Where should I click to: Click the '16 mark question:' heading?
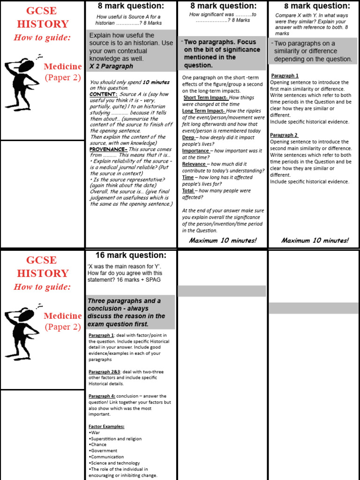[x=131, y=255]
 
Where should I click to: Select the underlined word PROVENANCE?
[x=108, y=149]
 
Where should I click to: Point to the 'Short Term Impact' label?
[x=204, y=97]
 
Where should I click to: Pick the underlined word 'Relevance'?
[x=194, y=164]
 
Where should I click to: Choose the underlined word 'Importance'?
[x=195, y=151]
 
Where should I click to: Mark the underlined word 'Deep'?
[x=188, y=138]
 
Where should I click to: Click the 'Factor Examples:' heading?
[x=106, y=427]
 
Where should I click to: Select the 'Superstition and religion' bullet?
[x=116, y=439]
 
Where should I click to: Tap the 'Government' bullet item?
[x=104, y=451]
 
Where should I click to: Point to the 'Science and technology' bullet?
[x=115, y=463]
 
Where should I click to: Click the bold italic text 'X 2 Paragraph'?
[x=111, y=67]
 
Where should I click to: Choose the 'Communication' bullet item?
[x=107, y=457]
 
